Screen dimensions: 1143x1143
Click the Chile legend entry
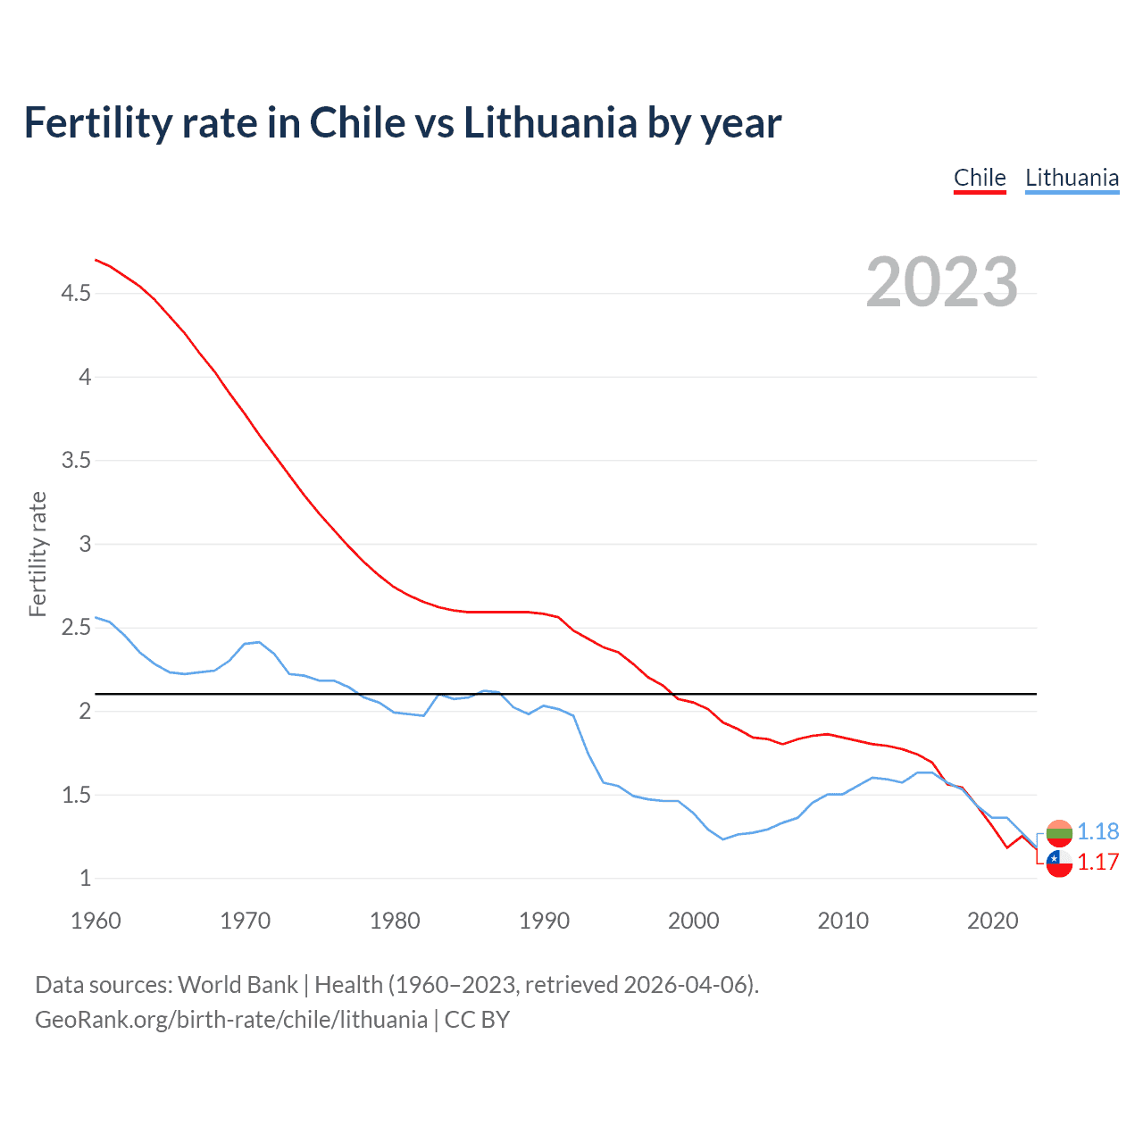(x=980, y=178)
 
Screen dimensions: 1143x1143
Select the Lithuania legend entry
(x=1072, y=178)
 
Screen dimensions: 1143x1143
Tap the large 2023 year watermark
(x=942, y=282)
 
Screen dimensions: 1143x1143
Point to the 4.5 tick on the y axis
(x=76, y=293)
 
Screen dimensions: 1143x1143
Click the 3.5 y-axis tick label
(x=76, y=461)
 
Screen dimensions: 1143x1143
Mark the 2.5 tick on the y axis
(x=76, y=628)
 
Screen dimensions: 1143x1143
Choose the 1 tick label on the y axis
(x=86, y=879)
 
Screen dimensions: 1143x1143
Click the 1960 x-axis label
(x=96, y=921)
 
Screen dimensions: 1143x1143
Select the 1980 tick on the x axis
(x=395, y=921)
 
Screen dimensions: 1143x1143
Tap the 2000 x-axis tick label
(x=694, y=921)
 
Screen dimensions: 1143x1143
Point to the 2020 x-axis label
(x=992, y=921)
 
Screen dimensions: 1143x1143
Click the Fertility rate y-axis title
(x=38, y=554)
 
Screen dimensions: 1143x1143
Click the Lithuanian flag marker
(x=1059, y=832)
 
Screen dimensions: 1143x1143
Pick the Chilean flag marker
(x=1059, y=864)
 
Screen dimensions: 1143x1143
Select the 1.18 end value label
(x=1097, y=831)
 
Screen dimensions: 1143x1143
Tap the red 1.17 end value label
(x=1097, y=862)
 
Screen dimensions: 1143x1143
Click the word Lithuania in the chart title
(x=549, y=122)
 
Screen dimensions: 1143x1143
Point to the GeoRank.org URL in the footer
(x=231, y=1020)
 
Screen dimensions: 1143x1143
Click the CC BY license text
(x=477, y=1020)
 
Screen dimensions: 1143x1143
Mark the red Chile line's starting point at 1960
(x=96, y=260)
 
